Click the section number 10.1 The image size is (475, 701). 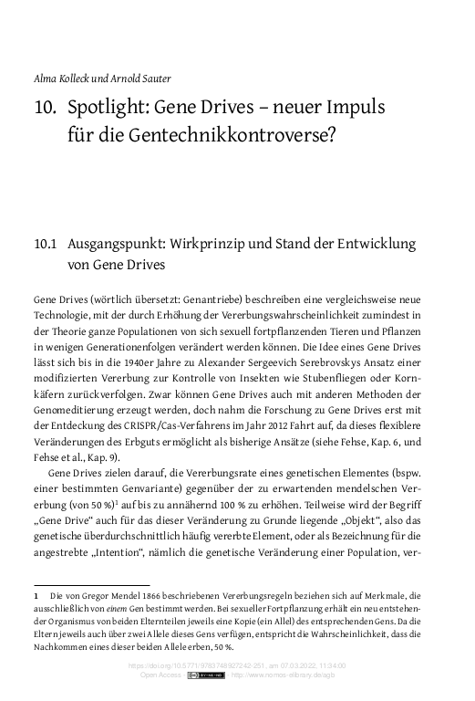[x=46, y=245]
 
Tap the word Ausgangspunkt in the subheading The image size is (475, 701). [x=124, y=245]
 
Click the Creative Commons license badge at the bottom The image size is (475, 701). [x=206, y=676]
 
